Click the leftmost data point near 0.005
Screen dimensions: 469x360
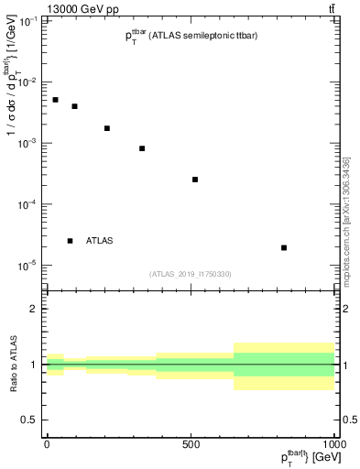55,100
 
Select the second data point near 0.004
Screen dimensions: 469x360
75,106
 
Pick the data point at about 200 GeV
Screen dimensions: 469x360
107,128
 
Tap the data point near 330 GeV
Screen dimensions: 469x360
142,148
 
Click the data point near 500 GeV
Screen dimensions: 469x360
195,180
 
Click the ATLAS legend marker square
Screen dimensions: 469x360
70,241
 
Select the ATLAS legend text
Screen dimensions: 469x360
99,241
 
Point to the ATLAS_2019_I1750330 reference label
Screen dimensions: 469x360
191,274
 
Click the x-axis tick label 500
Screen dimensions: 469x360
191,444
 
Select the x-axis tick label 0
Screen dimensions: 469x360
47,444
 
